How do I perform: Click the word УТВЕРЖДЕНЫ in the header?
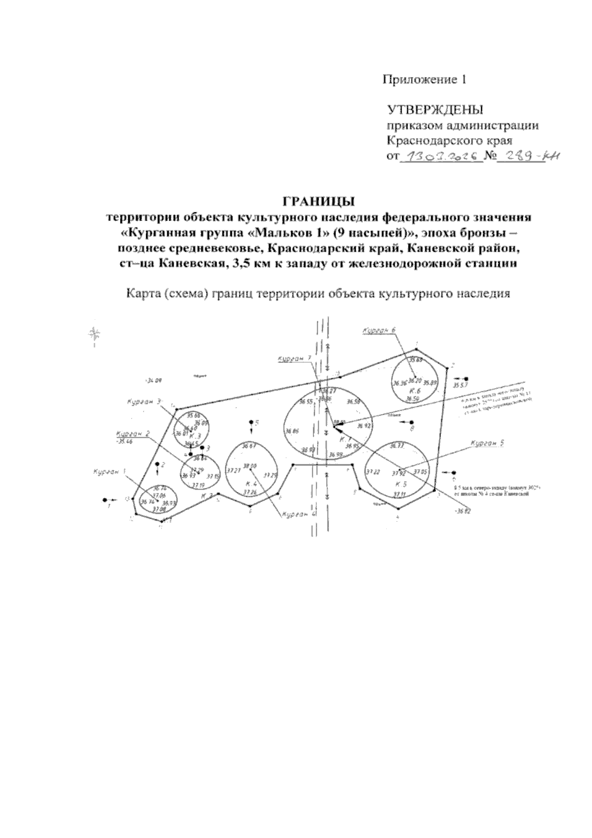point(435,110)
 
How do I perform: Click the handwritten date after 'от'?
point(440,157)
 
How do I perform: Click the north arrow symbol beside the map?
point(94,336)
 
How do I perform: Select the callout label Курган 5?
point(487,444)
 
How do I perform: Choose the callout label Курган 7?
point(294,359)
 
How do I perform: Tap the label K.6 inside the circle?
point(414,390)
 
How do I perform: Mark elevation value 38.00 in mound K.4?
point(250,466)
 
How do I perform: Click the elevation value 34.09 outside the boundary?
point(154,381)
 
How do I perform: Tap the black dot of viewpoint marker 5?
point(251,422)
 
